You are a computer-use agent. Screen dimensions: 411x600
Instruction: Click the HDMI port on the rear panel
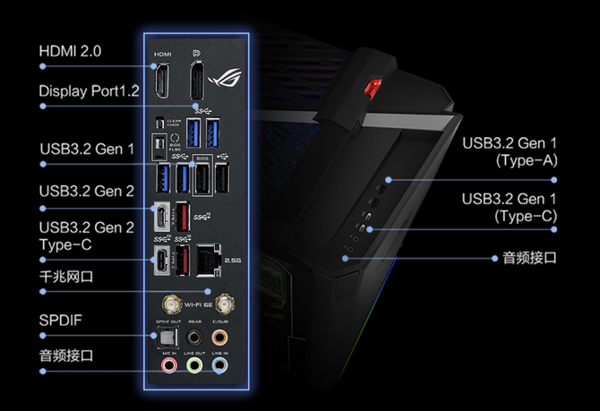[x=161, y=79]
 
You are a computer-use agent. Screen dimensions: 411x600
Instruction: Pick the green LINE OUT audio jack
[x=193, y=365]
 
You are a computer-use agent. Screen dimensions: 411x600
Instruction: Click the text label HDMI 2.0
[x=71, y=50]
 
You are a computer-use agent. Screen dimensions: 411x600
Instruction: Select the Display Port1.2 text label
[x=90, y=91]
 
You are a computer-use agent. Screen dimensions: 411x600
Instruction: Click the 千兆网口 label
[x=65, y=278]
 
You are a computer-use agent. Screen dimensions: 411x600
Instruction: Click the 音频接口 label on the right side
[x=527, y=258]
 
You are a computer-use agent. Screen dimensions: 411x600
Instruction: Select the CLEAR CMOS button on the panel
[x=160, y=123]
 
